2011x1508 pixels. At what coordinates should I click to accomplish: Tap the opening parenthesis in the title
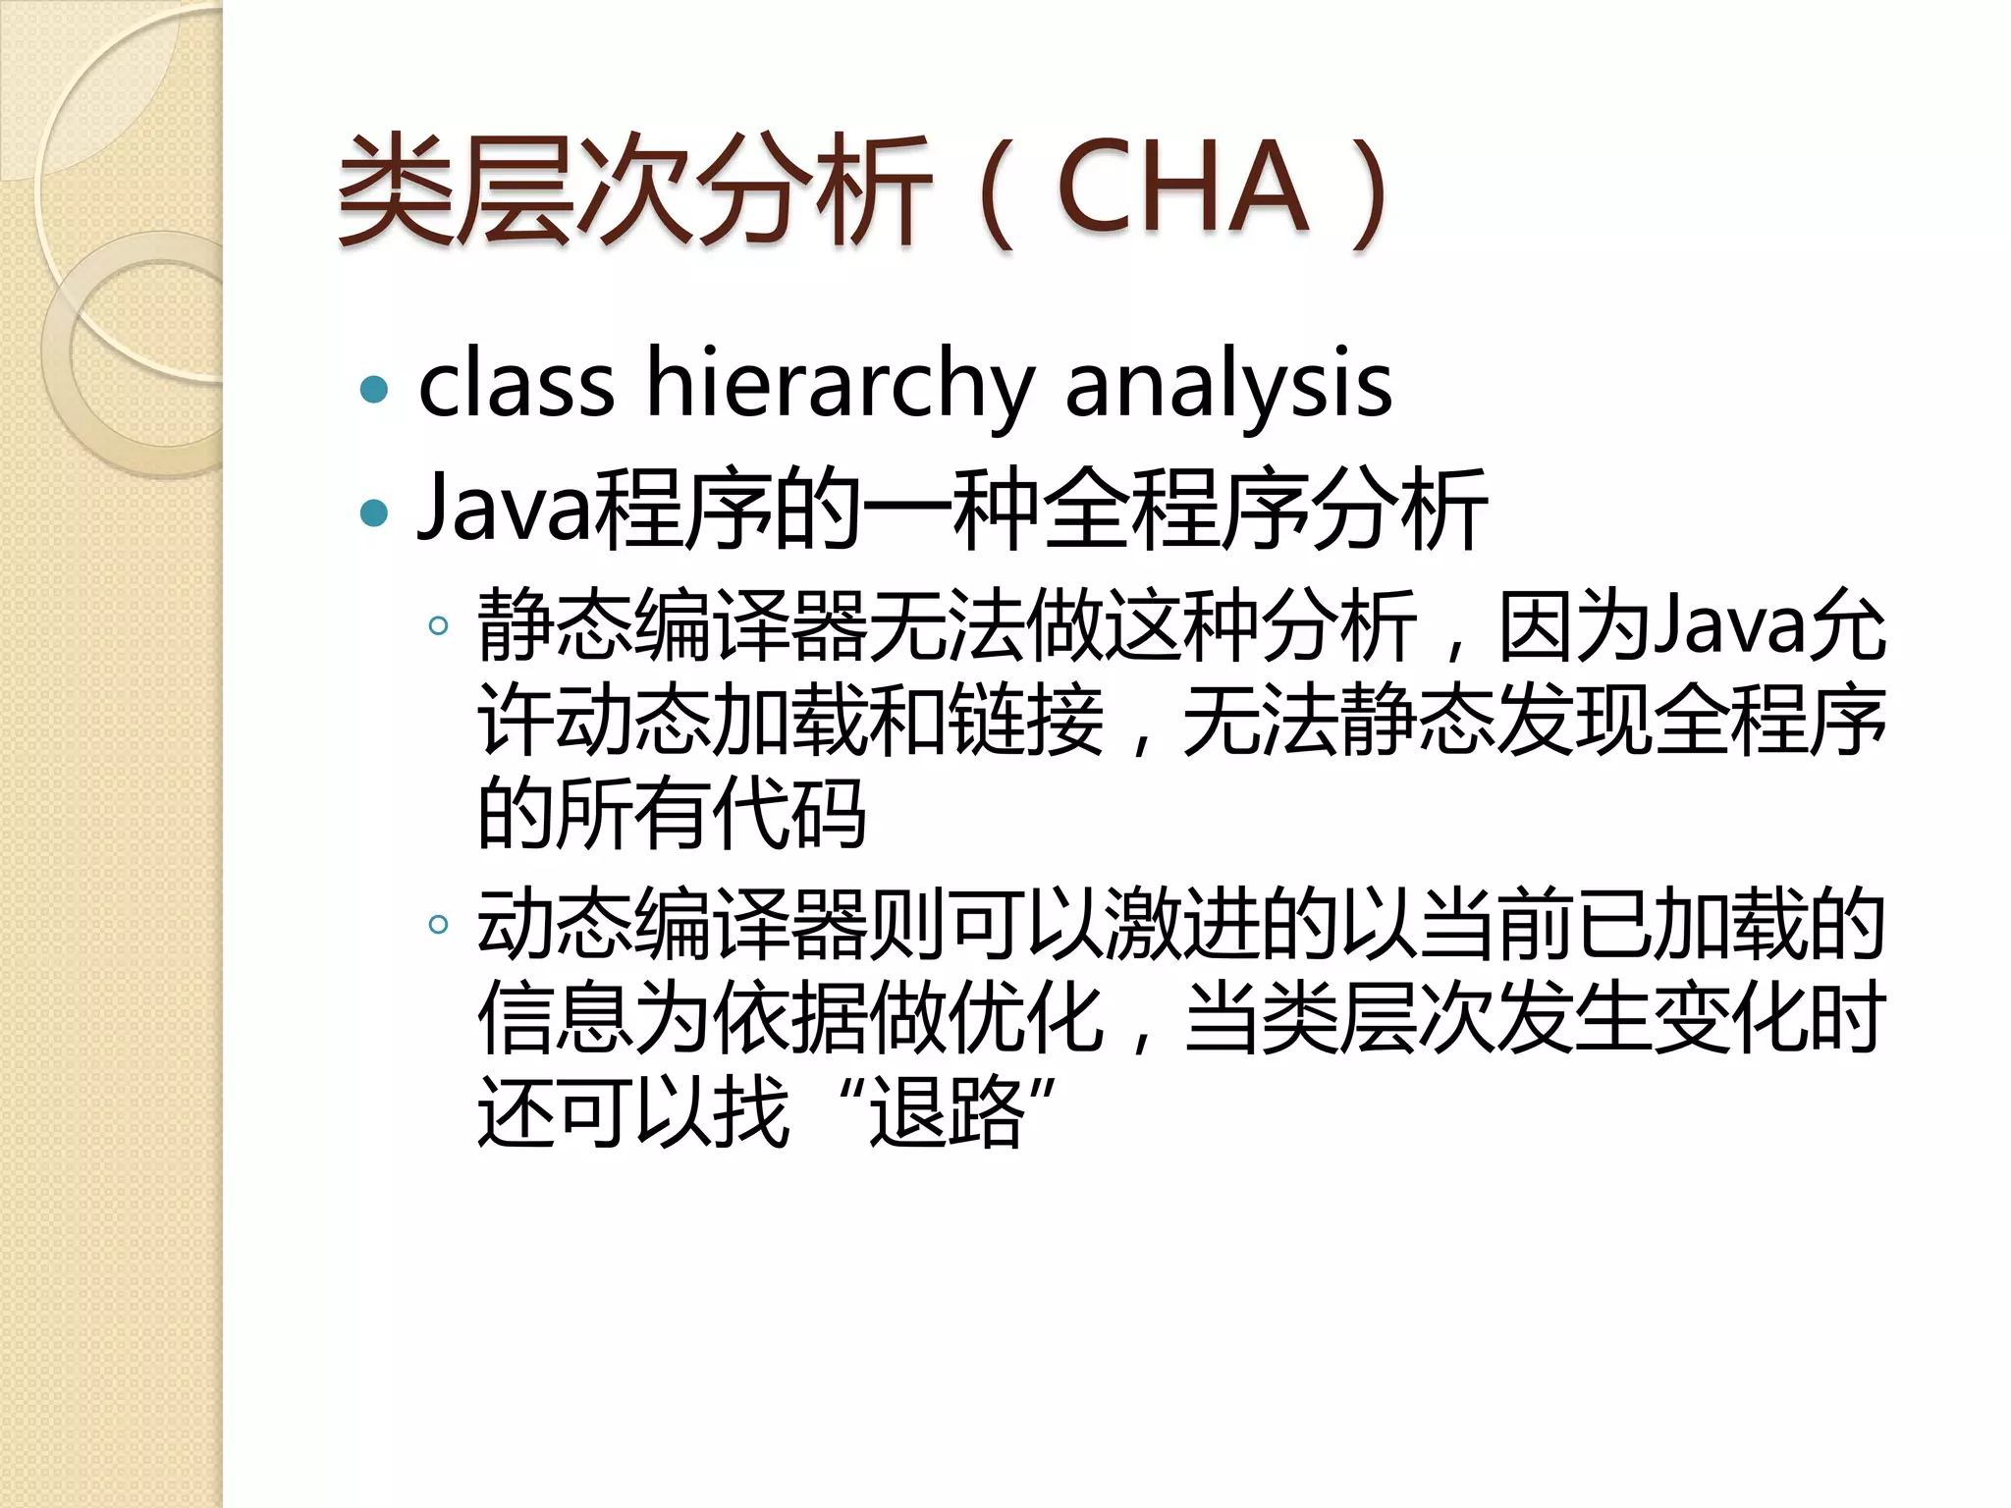point(997,191)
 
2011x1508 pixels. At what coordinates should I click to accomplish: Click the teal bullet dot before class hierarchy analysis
point(374,390)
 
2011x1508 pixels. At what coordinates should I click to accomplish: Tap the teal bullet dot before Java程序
point(374,512)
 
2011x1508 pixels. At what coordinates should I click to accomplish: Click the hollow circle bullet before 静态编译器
point(439,625)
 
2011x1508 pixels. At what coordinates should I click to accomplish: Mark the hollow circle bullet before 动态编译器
point(439,924)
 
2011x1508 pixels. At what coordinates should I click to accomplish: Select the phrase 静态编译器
point(673,625)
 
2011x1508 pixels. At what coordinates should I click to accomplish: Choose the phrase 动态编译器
point(673,924)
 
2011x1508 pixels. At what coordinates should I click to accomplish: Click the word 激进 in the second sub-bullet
point(1183,924)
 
